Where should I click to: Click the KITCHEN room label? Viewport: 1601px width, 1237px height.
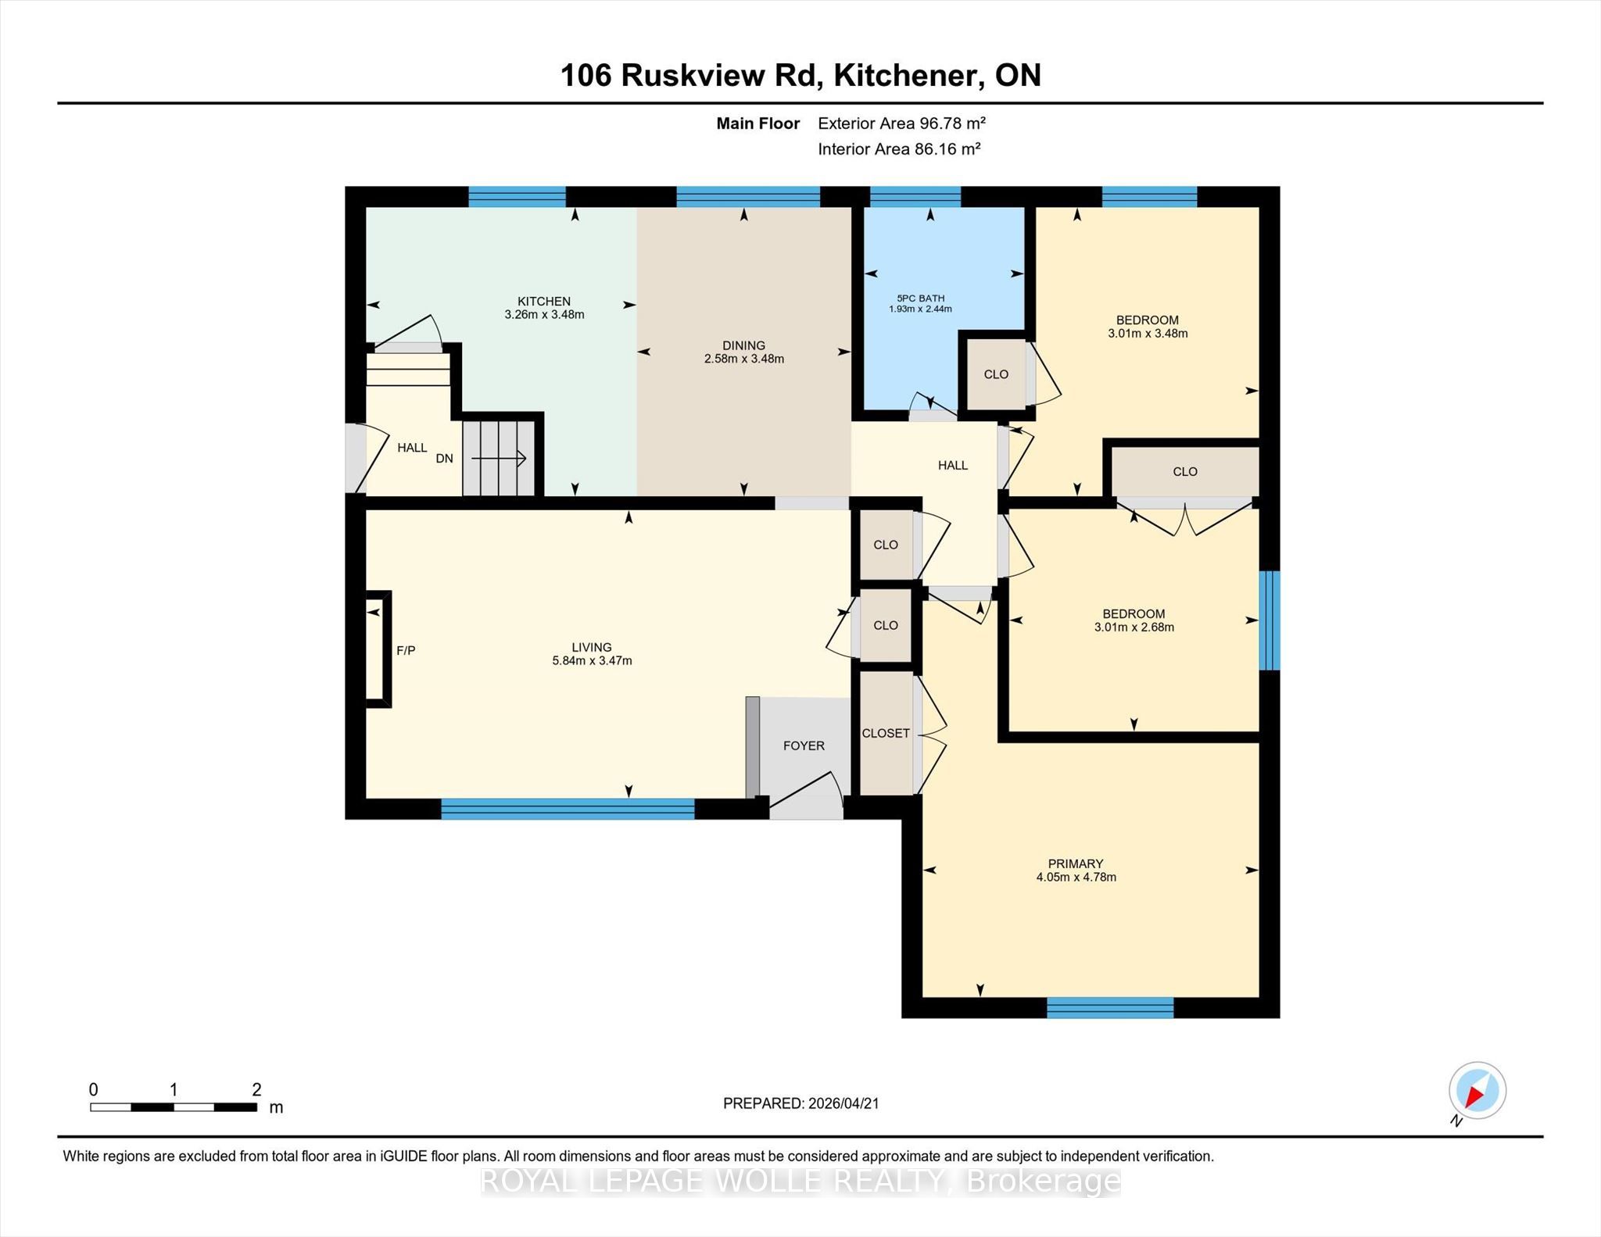(x=544, y=302)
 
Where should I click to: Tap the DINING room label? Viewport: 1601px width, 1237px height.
(x=743, y=345)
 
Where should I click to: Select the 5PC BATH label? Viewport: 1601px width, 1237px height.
(x=920, y=299)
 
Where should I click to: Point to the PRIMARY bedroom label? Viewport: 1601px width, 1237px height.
(x=1076, y=863)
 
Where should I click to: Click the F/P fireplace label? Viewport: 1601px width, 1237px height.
(x=406, y=650)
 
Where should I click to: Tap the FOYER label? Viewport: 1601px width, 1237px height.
(x=804, y=745)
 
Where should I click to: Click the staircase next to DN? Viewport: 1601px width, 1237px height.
(x=499, y=458)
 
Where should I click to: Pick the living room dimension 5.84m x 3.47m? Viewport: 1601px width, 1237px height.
(x=592, y=661)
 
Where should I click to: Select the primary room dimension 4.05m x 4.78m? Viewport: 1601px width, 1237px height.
(x=1076, y=878)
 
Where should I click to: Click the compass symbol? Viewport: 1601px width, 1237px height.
(x=1477, y=1091)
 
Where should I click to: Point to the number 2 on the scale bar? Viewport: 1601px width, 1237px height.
(x=256, y=1089)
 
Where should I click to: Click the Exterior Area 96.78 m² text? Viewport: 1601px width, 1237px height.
(x=901, y=123)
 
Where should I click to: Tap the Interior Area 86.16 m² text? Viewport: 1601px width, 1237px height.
(x=899, y=148)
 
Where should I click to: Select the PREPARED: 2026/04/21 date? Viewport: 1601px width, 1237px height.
(x=801, y=1103)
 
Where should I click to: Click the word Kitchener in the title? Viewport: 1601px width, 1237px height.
(x=907, y=75)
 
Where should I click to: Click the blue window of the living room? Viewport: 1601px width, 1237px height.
(x=568, y=809)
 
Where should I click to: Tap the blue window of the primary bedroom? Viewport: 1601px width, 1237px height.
(x=1110, y=1008)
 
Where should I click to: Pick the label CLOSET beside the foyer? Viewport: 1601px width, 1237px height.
(x=886, y=733)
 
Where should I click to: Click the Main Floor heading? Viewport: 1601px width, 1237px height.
(x=758, y=123)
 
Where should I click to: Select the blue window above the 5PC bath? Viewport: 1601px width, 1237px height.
(x=915, y=196)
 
